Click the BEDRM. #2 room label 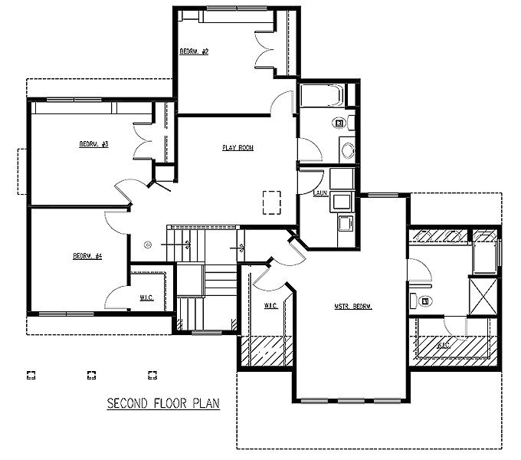195,51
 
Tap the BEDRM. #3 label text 93,144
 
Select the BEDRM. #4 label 87,256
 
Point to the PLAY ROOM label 238,148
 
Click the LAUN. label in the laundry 320,192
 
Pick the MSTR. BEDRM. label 352,307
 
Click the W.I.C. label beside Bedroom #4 146,297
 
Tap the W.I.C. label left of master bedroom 270,306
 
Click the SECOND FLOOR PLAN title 163,404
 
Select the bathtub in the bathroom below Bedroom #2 322,96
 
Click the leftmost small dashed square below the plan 31,375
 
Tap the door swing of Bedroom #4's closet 113,297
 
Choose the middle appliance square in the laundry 342,201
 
